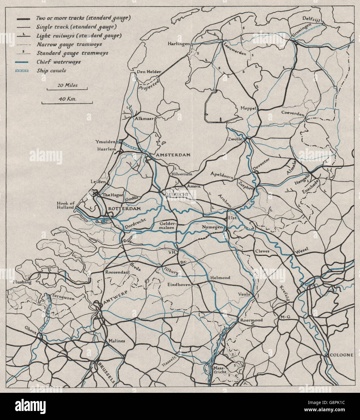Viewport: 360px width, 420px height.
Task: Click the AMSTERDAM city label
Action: click(x=173, y=155)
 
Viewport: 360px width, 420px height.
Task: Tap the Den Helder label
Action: click(x=149, y=72)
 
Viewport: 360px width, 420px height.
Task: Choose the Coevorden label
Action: click(x=292, y=113)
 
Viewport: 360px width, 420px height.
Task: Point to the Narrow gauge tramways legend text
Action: click(x=69, y=44)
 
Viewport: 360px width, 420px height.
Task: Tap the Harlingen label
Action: click(x=179, y=44)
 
